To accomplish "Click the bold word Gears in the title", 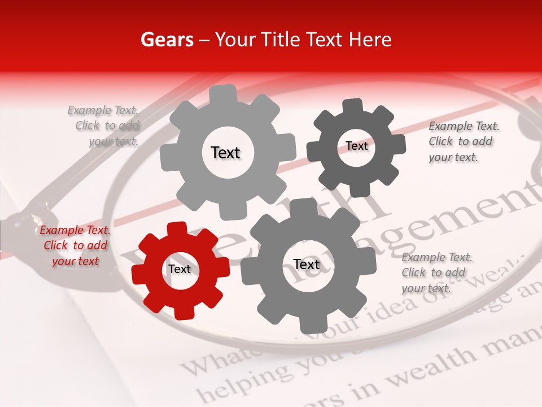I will coord(167,40).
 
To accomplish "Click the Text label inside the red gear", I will coord(180,269).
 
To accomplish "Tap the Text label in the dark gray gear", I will coord(356,146).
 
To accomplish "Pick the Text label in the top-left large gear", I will coord(225,153).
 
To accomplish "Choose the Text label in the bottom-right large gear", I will coord(307,265).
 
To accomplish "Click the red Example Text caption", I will coord(75,245).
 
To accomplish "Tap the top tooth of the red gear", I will coord(177,228).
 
